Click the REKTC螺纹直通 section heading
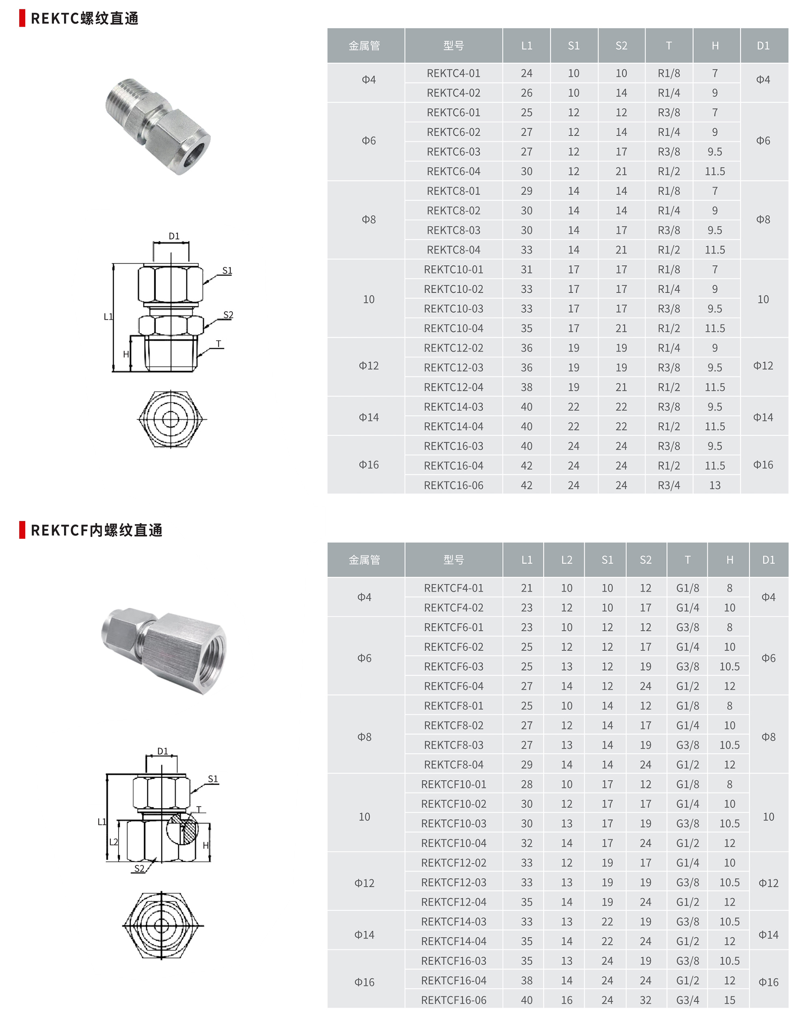[x=84, y=19]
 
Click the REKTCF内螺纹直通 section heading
[x=96, y=530]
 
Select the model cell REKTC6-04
[x=453, y=171]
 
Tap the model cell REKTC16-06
[x=453, y=485]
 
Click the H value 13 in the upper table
[x=715, y=485]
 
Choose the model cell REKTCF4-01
[x=453, y=588]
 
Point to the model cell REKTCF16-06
[x=453, y=1000]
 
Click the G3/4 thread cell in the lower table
[x=687, y=1000]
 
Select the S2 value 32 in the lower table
[x=645, y=1000]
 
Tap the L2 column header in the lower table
[x=566, y=560]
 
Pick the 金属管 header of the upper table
[x=364, y=45]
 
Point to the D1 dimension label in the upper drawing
[x=174, y=236]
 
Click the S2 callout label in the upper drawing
[x=228, y=315]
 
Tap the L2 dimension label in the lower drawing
[x=114, y=842]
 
